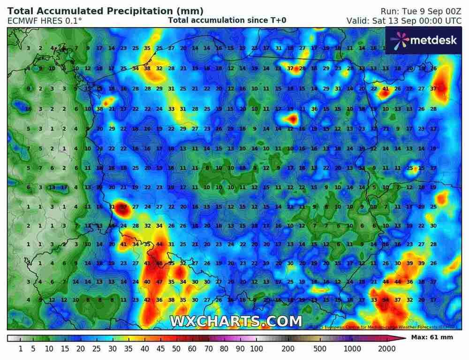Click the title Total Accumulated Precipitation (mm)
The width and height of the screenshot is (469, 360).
(x=106, y=11)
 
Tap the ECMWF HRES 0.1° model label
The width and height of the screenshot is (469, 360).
(x=45, y=21)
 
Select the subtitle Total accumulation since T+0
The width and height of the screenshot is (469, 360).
(x=227, y=20)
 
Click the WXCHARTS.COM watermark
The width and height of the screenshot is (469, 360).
(x=236, y=321)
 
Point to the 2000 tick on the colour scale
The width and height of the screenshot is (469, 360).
(x=385, y=349)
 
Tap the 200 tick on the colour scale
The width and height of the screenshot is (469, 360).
(x=288, y=349)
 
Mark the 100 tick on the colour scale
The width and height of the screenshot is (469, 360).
(x=256, y=349)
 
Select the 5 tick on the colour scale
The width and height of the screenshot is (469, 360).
(x=34, y=349)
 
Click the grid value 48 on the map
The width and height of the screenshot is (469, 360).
(x=159, y=263)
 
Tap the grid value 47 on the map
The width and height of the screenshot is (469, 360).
(x=159, y=282)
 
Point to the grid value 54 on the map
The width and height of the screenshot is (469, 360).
(x=386, y=300)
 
